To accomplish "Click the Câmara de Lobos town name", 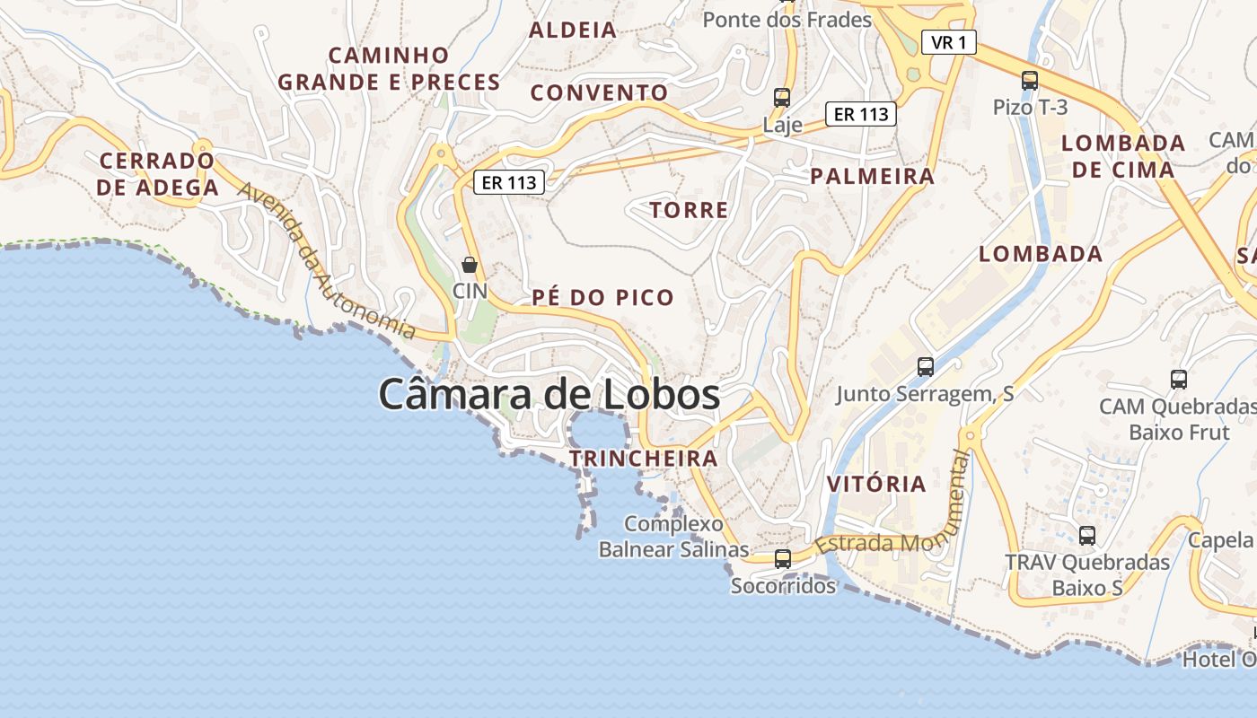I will (549, 394).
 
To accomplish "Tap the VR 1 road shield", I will (948, 42).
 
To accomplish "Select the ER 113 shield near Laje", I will (860, 114).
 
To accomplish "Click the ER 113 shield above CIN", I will (509, 182).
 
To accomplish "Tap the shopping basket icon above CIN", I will (469, 265).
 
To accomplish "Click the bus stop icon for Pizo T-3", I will (1030, 81).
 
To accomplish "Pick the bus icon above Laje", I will (782, 97).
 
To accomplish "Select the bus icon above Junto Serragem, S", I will (925, 366).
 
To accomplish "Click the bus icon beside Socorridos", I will (783, 558).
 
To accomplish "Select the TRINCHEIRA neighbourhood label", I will (644, 459).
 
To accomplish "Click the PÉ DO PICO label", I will (602, 298).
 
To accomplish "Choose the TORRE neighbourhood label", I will (689, 210).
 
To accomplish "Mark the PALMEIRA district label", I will (872, 176).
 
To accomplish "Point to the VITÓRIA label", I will (875, 484).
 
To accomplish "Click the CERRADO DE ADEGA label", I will (158, 174).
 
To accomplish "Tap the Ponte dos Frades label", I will (787, 19).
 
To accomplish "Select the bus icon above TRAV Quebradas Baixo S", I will (1086, 536).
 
